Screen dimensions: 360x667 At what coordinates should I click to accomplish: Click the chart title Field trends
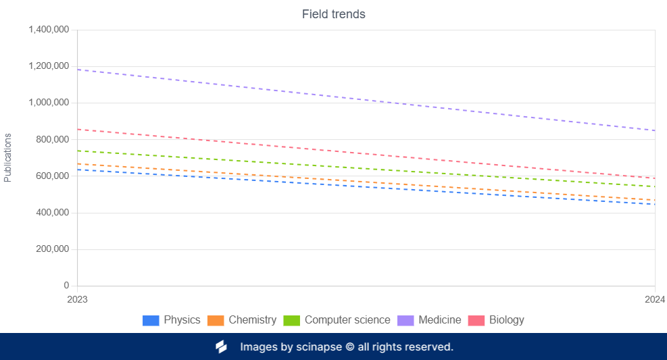[x=333, y=14]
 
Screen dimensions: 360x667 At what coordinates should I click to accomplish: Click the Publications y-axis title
[x=8, y=157]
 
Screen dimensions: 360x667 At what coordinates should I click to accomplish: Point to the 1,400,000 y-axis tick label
[x=48, y=30]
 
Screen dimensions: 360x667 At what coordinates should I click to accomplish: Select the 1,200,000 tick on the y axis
[x=48, y=66]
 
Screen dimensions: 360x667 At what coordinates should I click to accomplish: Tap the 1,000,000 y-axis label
[x=48, y=103]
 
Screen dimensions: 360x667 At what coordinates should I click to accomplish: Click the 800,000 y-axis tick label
[x=53, y=139]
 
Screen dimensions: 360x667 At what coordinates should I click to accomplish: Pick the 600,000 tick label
[x=53, y=176]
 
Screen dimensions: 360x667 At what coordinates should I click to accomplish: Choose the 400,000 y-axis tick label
[x=53, y=213]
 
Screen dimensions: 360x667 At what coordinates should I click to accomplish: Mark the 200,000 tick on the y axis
[x=53, y=249]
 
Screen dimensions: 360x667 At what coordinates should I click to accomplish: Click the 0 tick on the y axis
[x=66, y=286]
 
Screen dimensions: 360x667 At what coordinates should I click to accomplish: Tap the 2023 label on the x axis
[x=78, y=299]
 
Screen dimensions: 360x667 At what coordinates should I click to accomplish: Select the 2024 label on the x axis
[x=654, y=299]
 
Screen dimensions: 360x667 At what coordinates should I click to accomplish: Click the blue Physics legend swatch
[x=151, y=320]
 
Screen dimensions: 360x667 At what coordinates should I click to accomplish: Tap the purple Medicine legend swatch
[x=405, y=320]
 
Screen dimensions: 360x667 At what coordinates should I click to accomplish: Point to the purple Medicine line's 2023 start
[x=78, y=70]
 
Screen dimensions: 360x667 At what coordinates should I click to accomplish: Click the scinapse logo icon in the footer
[x=221, y=347]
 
